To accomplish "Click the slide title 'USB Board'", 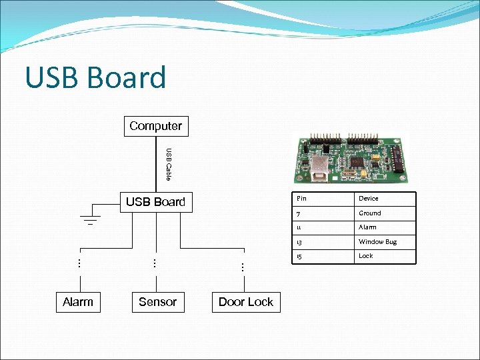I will click(x=95, y=77).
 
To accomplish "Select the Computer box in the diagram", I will click(x=155, y=126).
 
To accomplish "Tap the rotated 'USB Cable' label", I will click(x=169, y=164).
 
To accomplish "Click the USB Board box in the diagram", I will click(x=155, y=202).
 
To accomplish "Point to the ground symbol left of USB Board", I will click(x=90, y=218).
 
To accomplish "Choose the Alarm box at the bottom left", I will click(x=78, y=302).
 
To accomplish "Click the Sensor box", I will click(x=157, y=302).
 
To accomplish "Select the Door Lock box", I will click(x=245, y=302).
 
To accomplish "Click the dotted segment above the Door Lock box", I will click(x=243, y=267).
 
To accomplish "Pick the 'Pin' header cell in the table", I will click(x=301, y=199).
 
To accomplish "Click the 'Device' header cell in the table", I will click(x=369, y=199).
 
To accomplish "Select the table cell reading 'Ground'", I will click(x=370, y=213).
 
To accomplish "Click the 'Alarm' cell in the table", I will click(x=367, y=227).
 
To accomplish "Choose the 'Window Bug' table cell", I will click(x=377, y=242).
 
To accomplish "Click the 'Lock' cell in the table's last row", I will click(x=366, y=256).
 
